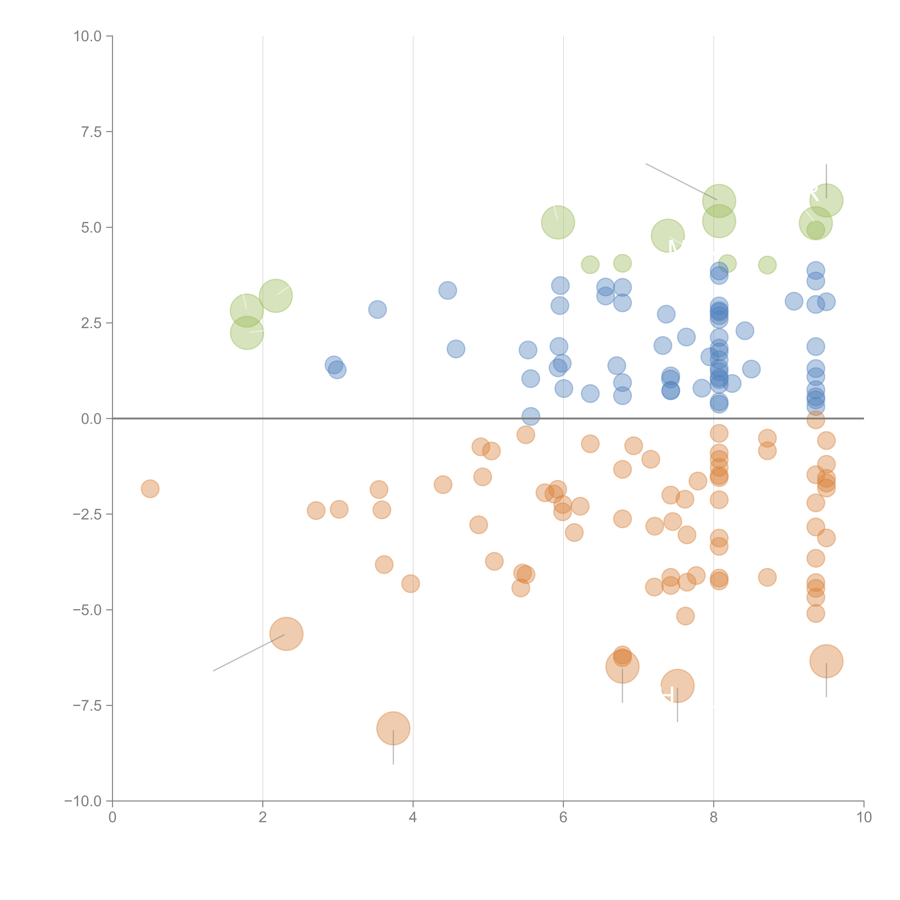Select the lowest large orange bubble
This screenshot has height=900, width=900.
click(x=393, y=728)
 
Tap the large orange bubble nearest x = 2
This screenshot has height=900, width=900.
click(x=287, y=634)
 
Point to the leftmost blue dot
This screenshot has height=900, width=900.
click(x=334, y=365)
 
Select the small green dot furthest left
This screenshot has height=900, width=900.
click(x=590, y=265)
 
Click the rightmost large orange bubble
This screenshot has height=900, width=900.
click(x=826, y=661)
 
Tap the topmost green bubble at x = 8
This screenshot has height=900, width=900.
click(x=719, y=201)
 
